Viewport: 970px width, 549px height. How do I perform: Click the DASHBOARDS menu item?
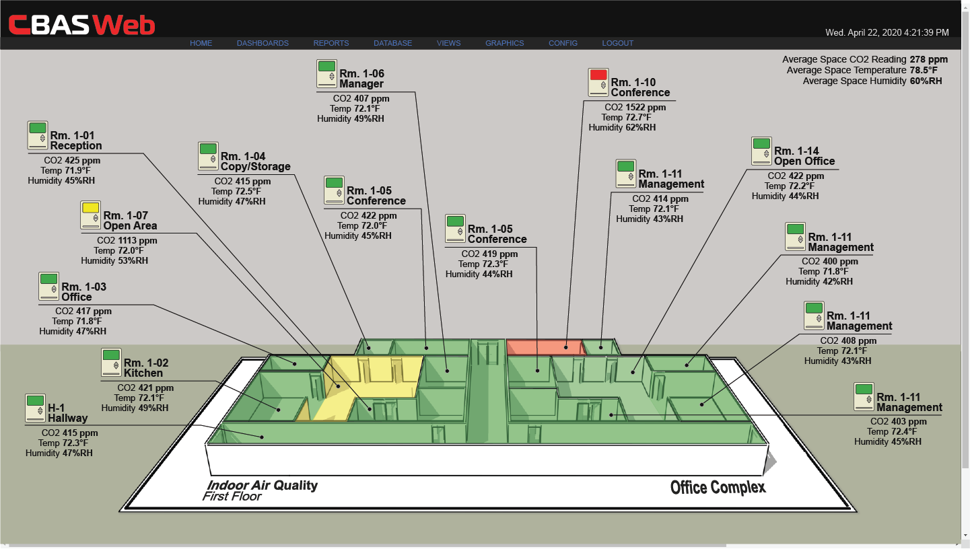(x=263, y=43)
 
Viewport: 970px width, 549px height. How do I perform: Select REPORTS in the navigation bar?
(x=331, y=43)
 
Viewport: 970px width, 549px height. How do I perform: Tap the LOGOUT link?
(x=617, y=43)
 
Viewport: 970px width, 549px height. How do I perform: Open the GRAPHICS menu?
(x=504, y=43)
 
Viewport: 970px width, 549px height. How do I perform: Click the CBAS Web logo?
(x=81, y=24)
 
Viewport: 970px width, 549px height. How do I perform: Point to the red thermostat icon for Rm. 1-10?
(x=598, y=82)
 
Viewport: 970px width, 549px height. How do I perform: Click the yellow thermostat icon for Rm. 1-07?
(x=90, y=215)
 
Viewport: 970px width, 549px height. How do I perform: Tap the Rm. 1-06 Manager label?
(x=361, y=79)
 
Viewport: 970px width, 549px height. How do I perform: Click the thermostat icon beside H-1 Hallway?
(x=35, y=408)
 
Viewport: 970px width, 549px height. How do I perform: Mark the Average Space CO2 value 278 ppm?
(x=928, y=59)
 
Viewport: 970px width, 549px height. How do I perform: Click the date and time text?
(x=887, y=32)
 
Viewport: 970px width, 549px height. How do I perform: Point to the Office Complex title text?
(x=718, y=487)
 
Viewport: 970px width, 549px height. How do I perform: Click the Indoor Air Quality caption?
(x=262, y=485)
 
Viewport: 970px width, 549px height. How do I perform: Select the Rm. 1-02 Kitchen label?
(x=143, y=368)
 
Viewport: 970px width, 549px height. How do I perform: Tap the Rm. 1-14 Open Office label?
(x=804, y=156)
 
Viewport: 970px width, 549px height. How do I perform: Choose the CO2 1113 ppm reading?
(x=127, y=240)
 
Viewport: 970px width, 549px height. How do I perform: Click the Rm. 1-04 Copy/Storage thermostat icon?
(x=208, y=156)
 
